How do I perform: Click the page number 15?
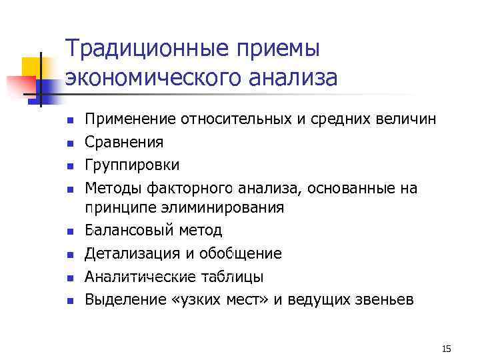click(x=447, y=349)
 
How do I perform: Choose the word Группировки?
click(x=132, y=165)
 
